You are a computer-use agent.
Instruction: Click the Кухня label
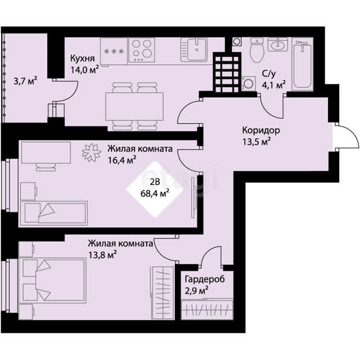pos(82,58)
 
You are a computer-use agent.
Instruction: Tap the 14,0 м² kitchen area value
pos(85,70)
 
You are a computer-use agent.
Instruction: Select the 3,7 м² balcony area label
pos(25,81)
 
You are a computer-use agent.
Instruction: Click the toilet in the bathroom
pos(256,50)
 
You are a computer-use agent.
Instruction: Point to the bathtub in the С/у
pos(303,64)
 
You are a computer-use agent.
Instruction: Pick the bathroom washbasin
pos(277,44)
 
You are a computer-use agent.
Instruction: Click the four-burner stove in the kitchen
pos(141,50)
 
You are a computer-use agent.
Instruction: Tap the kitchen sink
pos(194,49)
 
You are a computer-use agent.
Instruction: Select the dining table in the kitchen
pos(134,106)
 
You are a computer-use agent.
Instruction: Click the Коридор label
pos(261,130)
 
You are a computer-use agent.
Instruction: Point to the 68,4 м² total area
pos(155,193)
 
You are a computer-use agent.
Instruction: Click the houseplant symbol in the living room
pos(92,152)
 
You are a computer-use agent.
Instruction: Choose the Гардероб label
pos(205,280)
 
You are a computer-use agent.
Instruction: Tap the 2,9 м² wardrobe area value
pos(196,291)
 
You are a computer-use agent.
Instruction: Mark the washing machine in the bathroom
pos(249,83)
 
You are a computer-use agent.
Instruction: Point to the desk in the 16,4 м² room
pos(46,152)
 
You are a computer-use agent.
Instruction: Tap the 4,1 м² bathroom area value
pos(274,85)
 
